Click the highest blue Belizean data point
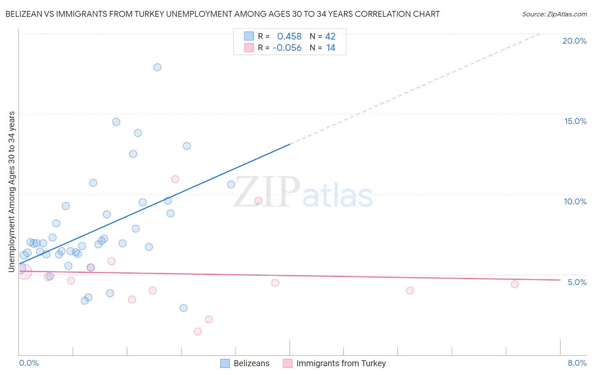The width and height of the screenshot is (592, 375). tap(157, 67)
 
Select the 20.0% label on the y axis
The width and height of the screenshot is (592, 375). tap(574, 41)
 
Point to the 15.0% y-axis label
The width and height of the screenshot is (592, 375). tap(575, 121)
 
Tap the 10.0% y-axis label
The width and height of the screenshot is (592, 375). tap(575, 201)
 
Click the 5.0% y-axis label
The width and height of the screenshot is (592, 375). tap(577, 282)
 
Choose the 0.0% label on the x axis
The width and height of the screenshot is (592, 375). tap(29, 363)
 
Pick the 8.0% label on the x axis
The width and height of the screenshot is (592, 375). tap(577, 363)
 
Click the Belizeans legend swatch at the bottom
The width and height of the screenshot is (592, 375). tap(225, 363)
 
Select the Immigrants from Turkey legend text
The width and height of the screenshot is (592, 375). tap(341, 363)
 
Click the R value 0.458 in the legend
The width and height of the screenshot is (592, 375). tap(289, 37)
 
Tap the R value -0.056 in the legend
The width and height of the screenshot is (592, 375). tap(287, 48)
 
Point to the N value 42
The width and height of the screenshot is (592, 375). tap(330, 37)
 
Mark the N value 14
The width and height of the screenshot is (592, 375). tap(331, 48)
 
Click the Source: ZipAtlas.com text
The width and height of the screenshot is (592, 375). tap(554, 14)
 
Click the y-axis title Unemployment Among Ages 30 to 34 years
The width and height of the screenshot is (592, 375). tap(12, 192)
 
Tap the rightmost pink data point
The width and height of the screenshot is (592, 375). tap(515, 284)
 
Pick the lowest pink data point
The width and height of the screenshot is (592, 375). tap(198, 332)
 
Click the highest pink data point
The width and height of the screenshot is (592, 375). tap(175, 179)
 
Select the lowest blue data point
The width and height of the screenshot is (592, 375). tap(184, 308)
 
